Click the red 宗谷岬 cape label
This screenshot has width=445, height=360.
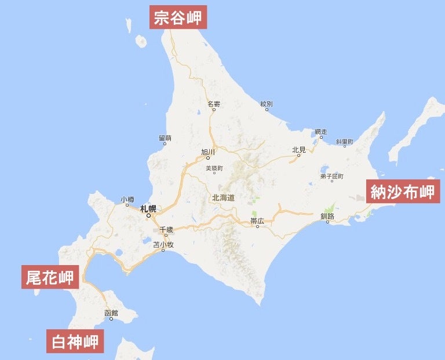[x=178, y=17]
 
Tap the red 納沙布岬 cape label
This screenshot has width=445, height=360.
[x=403, y=192]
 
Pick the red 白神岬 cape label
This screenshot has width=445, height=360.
[x=75, y=341]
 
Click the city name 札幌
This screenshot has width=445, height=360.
[x=148, y=208]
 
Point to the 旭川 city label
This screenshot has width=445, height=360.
[x=208, y=152]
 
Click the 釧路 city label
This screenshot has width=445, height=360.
[x=327, y=216]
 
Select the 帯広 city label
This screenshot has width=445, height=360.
[x=258, y=221]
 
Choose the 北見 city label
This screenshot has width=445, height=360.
[x=299, y=149]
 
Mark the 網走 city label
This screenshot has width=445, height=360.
[x=321, y=131]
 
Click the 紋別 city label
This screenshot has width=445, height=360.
[x=266, y=104]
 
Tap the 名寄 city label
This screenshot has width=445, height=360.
[x=214, y=104]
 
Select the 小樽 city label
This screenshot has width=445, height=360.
[x=127, y=199]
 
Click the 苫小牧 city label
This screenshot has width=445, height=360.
[x=163, y=244]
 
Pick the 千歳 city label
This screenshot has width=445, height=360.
[x=166, y=230]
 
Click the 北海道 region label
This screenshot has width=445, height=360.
[x=224, y=197]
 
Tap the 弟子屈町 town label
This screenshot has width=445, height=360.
[x=331, y=176]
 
